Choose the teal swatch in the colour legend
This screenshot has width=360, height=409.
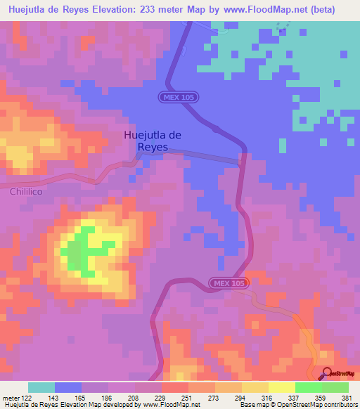click(41, 387)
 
